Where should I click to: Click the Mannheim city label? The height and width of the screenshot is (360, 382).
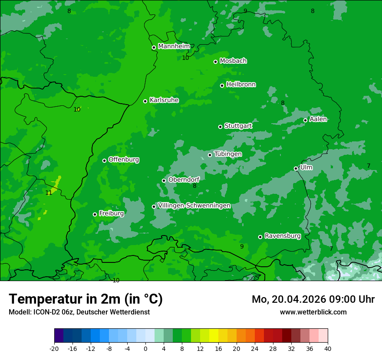pyautogui.click(x=174, y=46)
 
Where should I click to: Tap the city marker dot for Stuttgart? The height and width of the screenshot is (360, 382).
pyautogui.click(x=220, y=127)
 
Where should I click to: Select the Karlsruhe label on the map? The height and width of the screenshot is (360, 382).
pyautogui.click(x=164, y=100)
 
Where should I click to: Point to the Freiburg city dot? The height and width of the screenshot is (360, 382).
pyautogui.click(x=95, y=214)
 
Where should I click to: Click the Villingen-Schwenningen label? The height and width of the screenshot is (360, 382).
pyautogui.click(x=194, y=206)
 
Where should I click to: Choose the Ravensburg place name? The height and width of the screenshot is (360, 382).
pyautogui.click(x=282, y=236)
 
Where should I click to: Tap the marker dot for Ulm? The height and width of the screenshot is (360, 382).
pyautogui.click(x=296, y=168)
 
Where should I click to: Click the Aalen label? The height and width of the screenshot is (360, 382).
pyautogui.click(x=318, y=119)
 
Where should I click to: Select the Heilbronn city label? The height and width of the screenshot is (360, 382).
pyautogui.click(x=241, y=85)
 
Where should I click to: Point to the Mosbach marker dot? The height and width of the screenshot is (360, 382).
pyautogui.click(x=215, y=62)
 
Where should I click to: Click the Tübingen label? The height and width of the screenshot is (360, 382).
pyautogui.click(x=228, y=154)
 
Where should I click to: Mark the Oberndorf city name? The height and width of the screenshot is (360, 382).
pyautogui.click(x=184, y=180)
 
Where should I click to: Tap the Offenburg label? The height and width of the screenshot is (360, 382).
pyautogui.click(x=124, y=160)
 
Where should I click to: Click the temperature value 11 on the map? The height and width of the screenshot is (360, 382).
pyautogui.click(x=49, y=193)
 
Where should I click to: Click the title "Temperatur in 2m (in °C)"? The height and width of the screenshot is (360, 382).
pyautogui.click(x=86, y=299)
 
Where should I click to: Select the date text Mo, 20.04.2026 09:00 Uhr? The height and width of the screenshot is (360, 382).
pyautogui.click(x=313, y=299)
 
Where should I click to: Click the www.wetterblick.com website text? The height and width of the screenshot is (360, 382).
pyautogui.click(x=313, y=312)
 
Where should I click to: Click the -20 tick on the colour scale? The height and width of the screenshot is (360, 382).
pyautogui.click(x=54, y=348)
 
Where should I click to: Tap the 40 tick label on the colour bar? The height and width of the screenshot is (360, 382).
pyautogui.click(x=327, y=348)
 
